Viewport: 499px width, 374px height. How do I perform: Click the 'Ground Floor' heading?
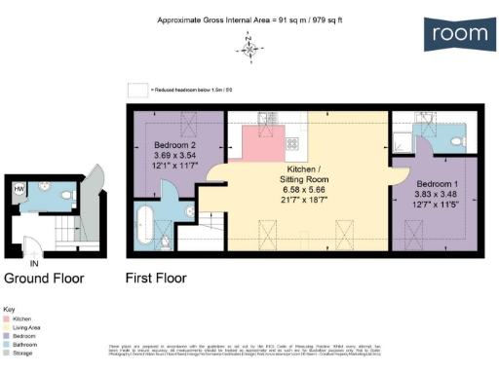tap(44, 278)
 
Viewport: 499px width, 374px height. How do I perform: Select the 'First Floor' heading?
tap(156, 278)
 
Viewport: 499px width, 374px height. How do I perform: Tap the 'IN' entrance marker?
tap(34, 263)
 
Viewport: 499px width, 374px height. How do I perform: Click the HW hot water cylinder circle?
tap(19, 189)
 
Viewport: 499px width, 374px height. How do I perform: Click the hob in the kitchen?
tap(290, 143)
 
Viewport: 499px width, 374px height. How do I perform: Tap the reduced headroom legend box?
tap(135, 89)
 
